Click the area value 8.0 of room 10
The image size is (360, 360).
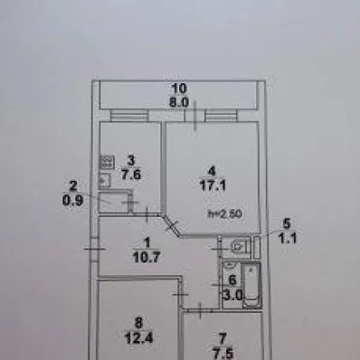(179, 102)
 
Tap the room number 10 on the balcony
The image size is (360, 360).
(179, 88)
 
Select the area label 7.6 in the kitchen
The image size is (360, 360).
(131, 174)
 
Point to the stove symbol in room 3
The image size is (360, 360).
(107, 162)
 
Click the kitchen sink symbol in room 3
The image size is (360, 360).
(105, 180)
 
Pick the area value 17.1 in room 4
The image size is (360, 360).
(213, 185)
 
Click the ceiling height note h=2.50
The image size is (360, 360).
(225, 213)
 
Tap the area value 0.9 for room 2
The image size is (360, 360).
(73, 201)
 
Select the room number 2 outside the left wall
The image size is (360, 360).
(74, 186)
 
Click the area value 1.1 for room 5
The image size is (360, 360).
(288, 238)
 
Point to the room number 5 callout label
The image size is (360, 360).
(286, 224)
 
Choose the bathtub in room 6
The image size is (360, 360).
(251, 285)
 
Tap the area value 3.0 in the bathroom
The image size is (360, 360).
(232, 295)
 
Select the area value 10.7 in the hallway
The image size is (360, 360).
(147, 257)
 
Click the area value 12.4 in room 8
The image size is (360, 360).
(139, 338)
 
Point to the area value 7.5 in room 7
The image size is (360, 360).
(223, 353)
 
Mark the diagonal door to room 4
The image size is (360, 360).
(171, 226)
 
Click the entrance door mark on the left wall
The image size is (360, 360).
(94, 249)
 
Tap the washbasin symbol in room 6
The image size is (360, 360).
(229, 265)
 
